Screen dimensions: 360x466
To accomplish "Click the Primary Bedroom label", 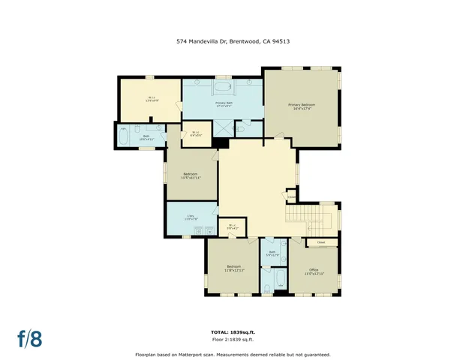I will click(301, 106).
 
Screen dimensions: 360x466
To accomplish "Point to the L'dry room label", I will click(191, 217).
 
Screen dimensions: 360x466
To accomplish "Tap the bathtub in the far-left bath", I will click(123, 136).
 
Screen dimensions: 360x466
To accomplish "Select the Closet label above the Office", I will click(320, 242).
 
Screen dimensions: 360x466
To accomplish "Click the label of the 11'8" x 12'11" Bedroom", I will click(233, 268).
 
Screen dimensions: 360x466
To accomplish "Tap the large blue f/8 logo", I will click(30, 338).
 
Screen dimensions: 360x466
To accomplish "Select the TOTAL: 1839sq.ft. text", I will click(233, 332).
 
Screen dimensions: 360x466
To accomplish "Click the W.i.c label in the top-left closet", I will click(151, 98).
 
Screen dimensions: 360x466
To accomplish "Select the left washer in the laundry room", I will click(191, 232).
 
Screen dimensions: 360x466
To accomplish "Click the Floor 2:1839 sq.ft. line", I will click(233, 340).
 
